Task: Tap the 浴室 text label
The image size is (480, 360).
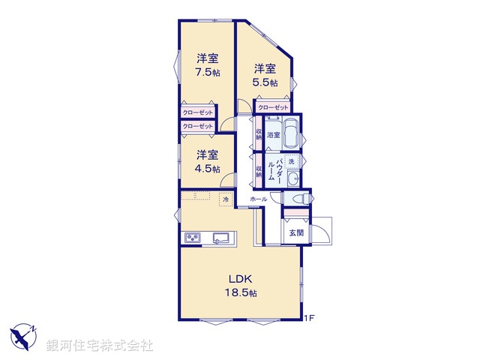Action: pos(273,135)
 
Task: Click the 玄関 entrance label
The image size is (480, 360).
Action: pos(297,233)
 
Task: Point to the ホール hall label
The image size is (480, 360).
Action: pos(259,199)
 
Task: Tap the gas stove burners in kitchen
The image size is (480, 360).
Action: pos(190,238)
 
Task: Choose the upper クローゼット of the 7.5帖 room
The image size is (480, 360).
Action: pos(196,112)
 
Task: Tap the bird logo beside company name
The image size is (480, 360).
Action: pos(23,335)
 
